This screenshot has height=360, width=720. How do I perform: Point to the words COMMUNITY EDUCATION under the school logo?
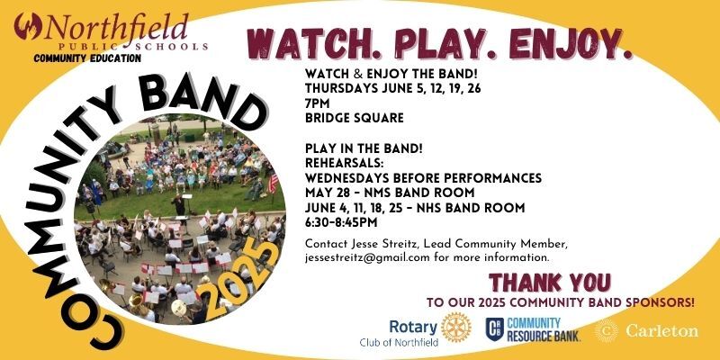click(x=87, y=58)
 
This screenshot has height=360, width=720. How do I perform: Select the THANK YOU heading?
click(x=549, y=282)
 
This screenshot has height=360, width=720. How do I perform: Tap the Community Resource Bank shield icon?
click(x=495, y=329)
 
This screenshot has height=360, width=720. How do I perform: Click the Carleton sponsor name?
click(x=660, y=330)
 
